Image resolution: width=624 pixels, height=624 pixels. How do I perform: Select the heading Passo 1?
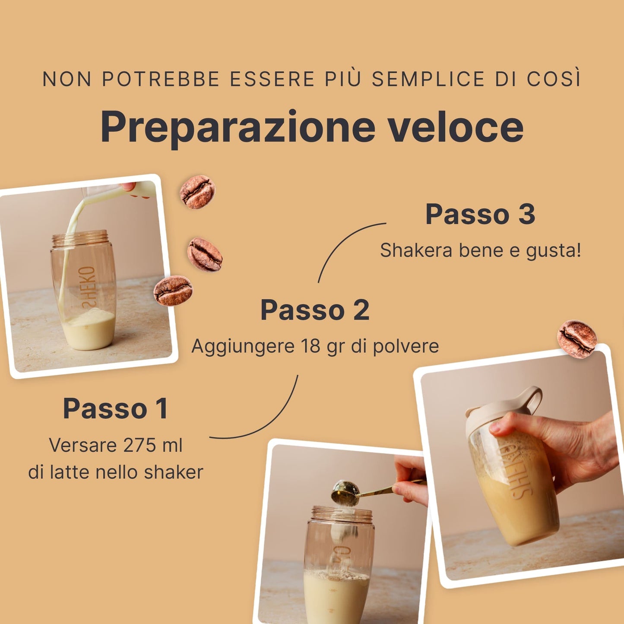pyautogui.click(x=116, y=408)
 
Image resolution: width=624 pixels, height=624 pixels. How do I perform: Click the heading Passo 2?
pyautogui.click(x=315, y=310)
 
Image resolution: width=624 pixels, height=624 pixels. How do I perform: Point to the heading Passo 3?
pyautogui.click(x=480, y=214)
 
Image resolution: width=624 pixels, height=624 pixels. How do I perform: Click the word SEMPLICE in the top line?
pyautogui.click(x=428, y=79)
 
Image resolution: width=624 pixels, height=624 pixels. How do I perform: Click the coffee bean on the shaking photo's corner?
pyautogui.click(x=577, y=339)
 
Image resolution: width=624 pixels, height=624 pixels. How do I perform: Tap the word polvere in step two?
pyautogui.click(x=406, y=346)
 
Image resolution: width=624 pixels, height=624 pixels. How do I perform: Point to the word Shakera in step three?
pyautogui.click(x=416, y=250)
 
